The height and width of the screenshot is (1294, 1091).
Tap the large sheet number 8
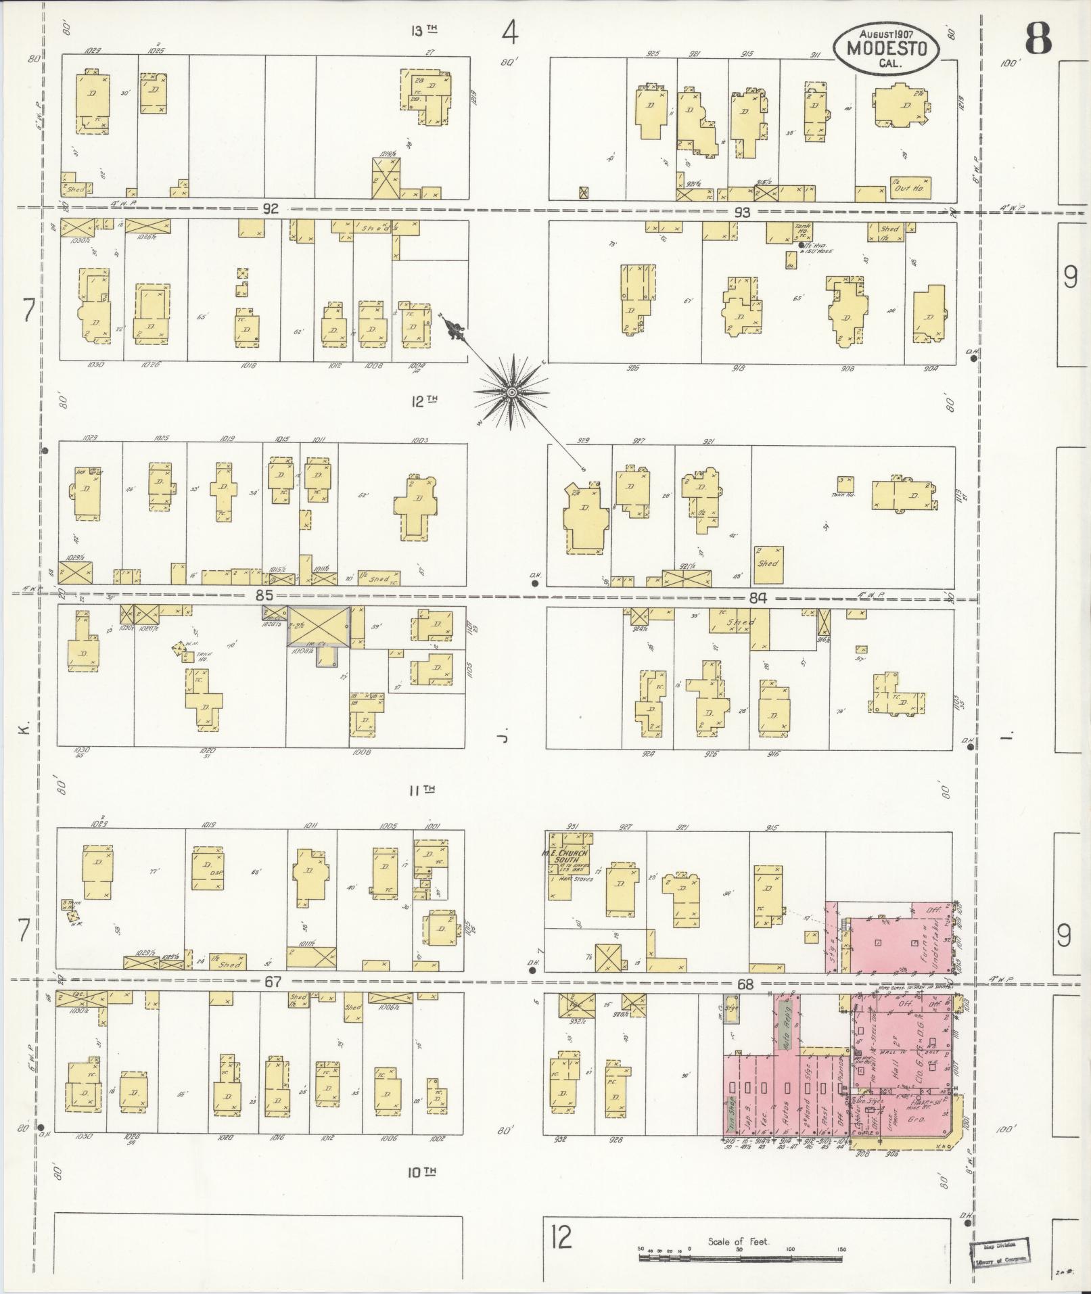1038,39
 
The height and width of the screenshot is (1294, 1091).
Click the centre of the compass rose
512,392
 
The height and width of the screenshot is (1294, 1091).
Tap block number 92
271,209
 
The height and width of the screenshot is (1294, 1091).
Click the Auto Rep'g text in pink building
786,1035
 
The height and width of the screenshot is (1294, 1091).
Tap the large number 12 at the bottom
561,1237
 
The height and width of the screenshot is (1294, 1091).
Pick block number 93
743,212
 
